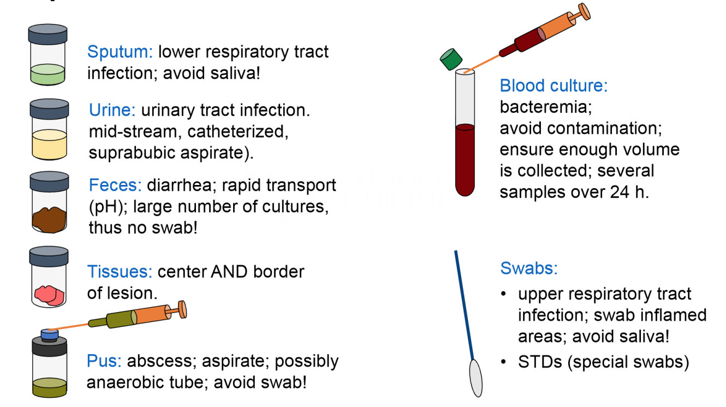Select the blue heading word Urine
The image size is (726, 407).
tap(112, 111)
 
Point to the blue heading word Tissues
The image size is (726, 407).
tap(120, 271)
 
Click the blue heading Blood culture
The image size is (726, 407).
tap(554, 86)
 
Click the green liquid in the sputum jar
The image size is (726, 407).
tap(47, 74)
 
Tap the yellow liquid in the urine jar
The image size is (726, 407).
tap(49, 144)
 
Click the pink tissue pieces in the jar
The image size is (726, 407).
tap(49, 294)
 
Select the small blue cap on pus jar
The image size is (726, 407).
tap(50, 333)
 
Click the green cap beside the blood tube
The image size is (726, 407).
tap(451, 58)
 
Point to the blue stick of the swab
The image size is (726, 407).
tap(465, 306)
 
